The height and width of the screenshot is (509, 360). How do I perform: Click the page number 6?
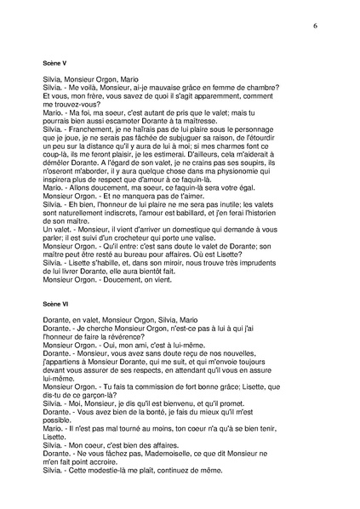[315, 26]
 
